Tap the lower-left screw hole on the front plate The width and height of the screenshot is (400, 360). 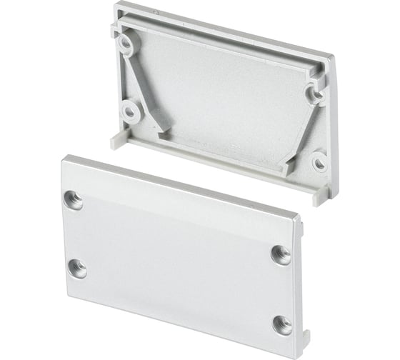77,269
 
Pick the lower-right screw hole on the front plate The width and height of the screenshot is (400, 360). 282,324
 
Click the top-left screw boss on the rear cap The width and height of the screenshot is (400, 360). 126,44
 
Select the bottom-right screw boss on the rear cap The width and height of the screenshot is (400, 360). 319,163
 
